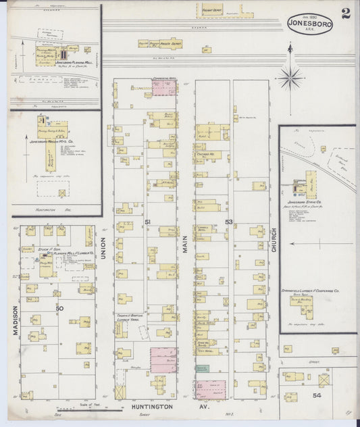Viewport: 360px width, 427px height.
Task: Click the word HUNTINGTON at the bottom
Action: [150, 407]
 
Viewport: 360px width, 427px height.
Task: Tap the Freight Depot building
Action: [212, 10]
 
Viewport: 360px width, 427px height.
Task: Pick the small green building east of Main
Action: [203, 368]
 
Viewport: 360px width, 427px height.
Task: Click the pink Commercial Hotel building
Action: [163, 88]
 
